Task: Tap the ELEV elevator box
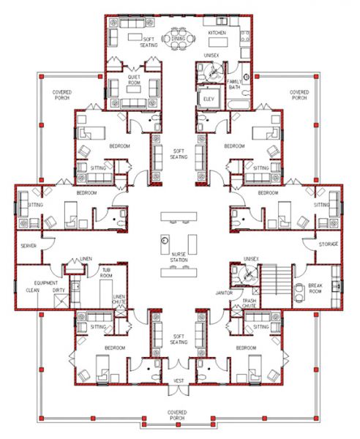click(209, 97)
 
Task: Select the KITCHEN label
click(217, 34)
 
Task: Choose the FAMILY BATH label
click(234, 84)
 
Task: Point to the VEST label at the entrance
click(179, 381)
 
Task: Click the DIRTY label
click(58, 290)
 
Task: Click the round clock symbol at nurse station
click(165, 241)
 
